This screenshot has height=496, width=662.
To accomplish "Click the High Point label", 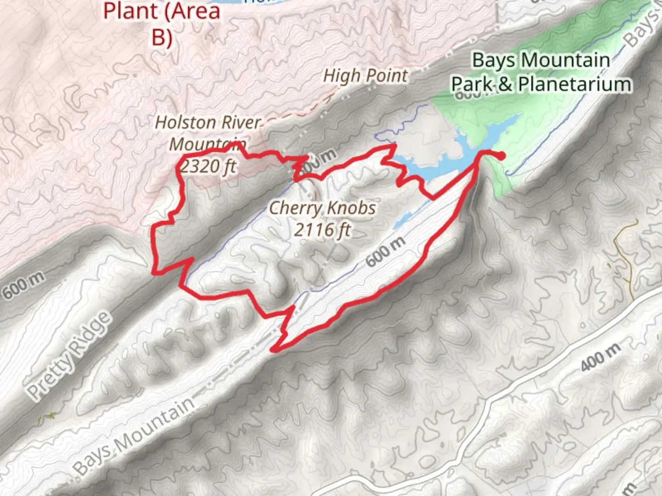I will (365, 76).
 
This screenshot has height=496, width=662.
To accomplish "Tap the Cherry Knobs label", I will (322, 208).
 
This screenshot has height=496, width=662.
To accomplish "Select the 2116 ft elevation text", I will (322, 229).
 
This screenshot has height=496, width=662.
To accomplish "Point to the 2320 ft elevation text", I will (208, 165).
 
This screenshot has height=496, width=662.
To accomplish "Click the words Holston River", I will (208, 123).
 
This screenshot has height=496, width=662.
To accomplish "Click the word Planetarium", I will (575, 85).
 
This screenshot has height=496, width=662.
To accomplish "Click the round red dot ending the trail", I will (501, 156).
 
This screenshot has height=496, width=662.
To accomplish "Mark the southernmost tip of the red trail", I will (273, 350).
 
